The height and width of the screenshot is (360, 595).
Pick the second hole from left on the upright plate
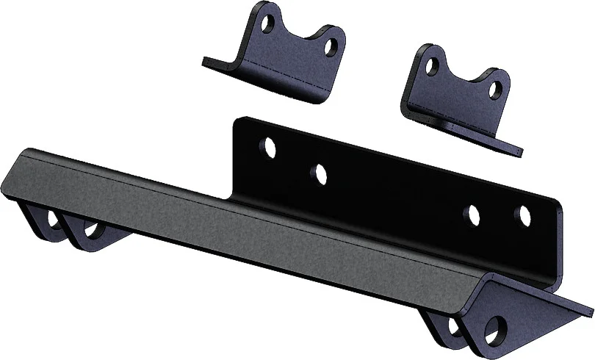pos(319,173)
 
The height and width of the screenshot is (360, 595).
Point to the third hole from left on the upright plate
pos(473,215)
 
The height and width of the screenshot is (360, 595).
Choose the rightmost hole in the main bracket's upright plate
pos(525,215)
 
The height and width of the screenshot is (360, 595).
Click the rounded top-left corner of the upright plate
pos(239,120)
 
